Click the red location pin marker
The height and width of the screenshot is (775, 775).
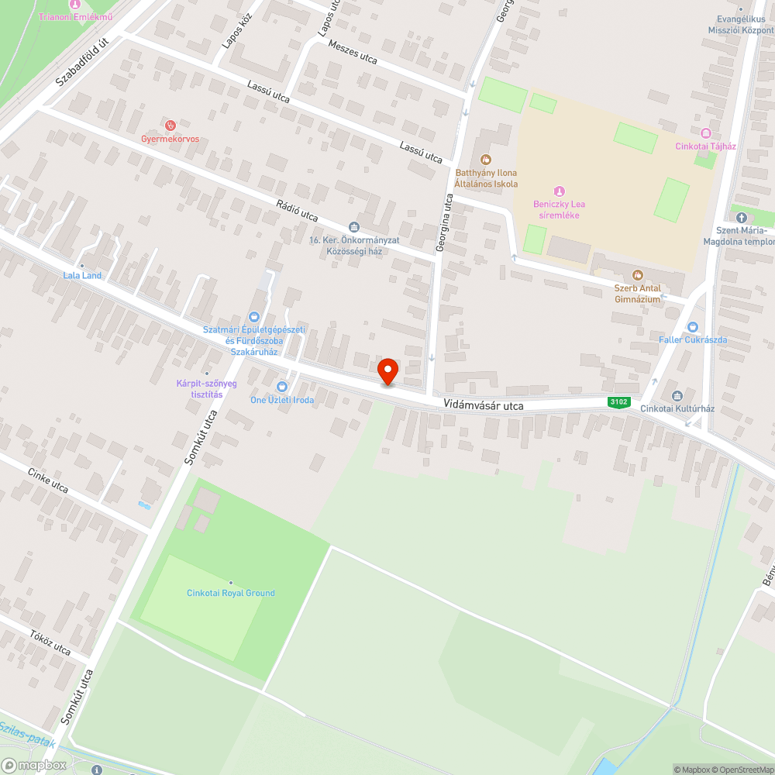[387, 371]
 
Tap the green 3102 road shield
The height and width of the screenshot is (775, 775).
[618, 401]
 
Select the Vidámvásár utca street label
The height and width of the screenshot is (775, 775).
[484, 405]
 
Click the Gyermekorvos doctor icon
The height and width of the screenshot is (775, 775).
[171, 125]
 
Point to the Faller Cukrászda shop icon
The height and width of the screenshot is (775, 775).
[692, 327]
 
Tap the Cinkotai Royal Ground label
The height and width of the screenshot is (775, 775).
[231, 593]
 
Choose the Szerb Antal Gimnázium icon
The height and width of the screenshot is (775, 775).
[637, 275]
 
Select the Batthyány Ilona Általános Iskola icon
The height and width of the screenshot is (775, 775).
[486, 160]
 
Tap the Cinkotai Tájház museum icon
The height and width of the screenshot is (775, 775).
[704, 133]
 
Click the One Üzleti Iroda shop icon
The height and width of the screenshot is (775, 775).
[282, 387]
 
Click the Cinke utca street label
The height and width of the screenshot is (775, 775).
[48, 480]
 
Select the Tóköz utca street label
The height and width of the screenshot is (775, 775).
[50, 642]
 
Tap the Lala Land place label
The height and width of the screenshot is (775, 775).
[82, 275]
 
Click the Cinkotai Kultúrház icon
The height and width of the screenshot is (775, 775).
[677, 395]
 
